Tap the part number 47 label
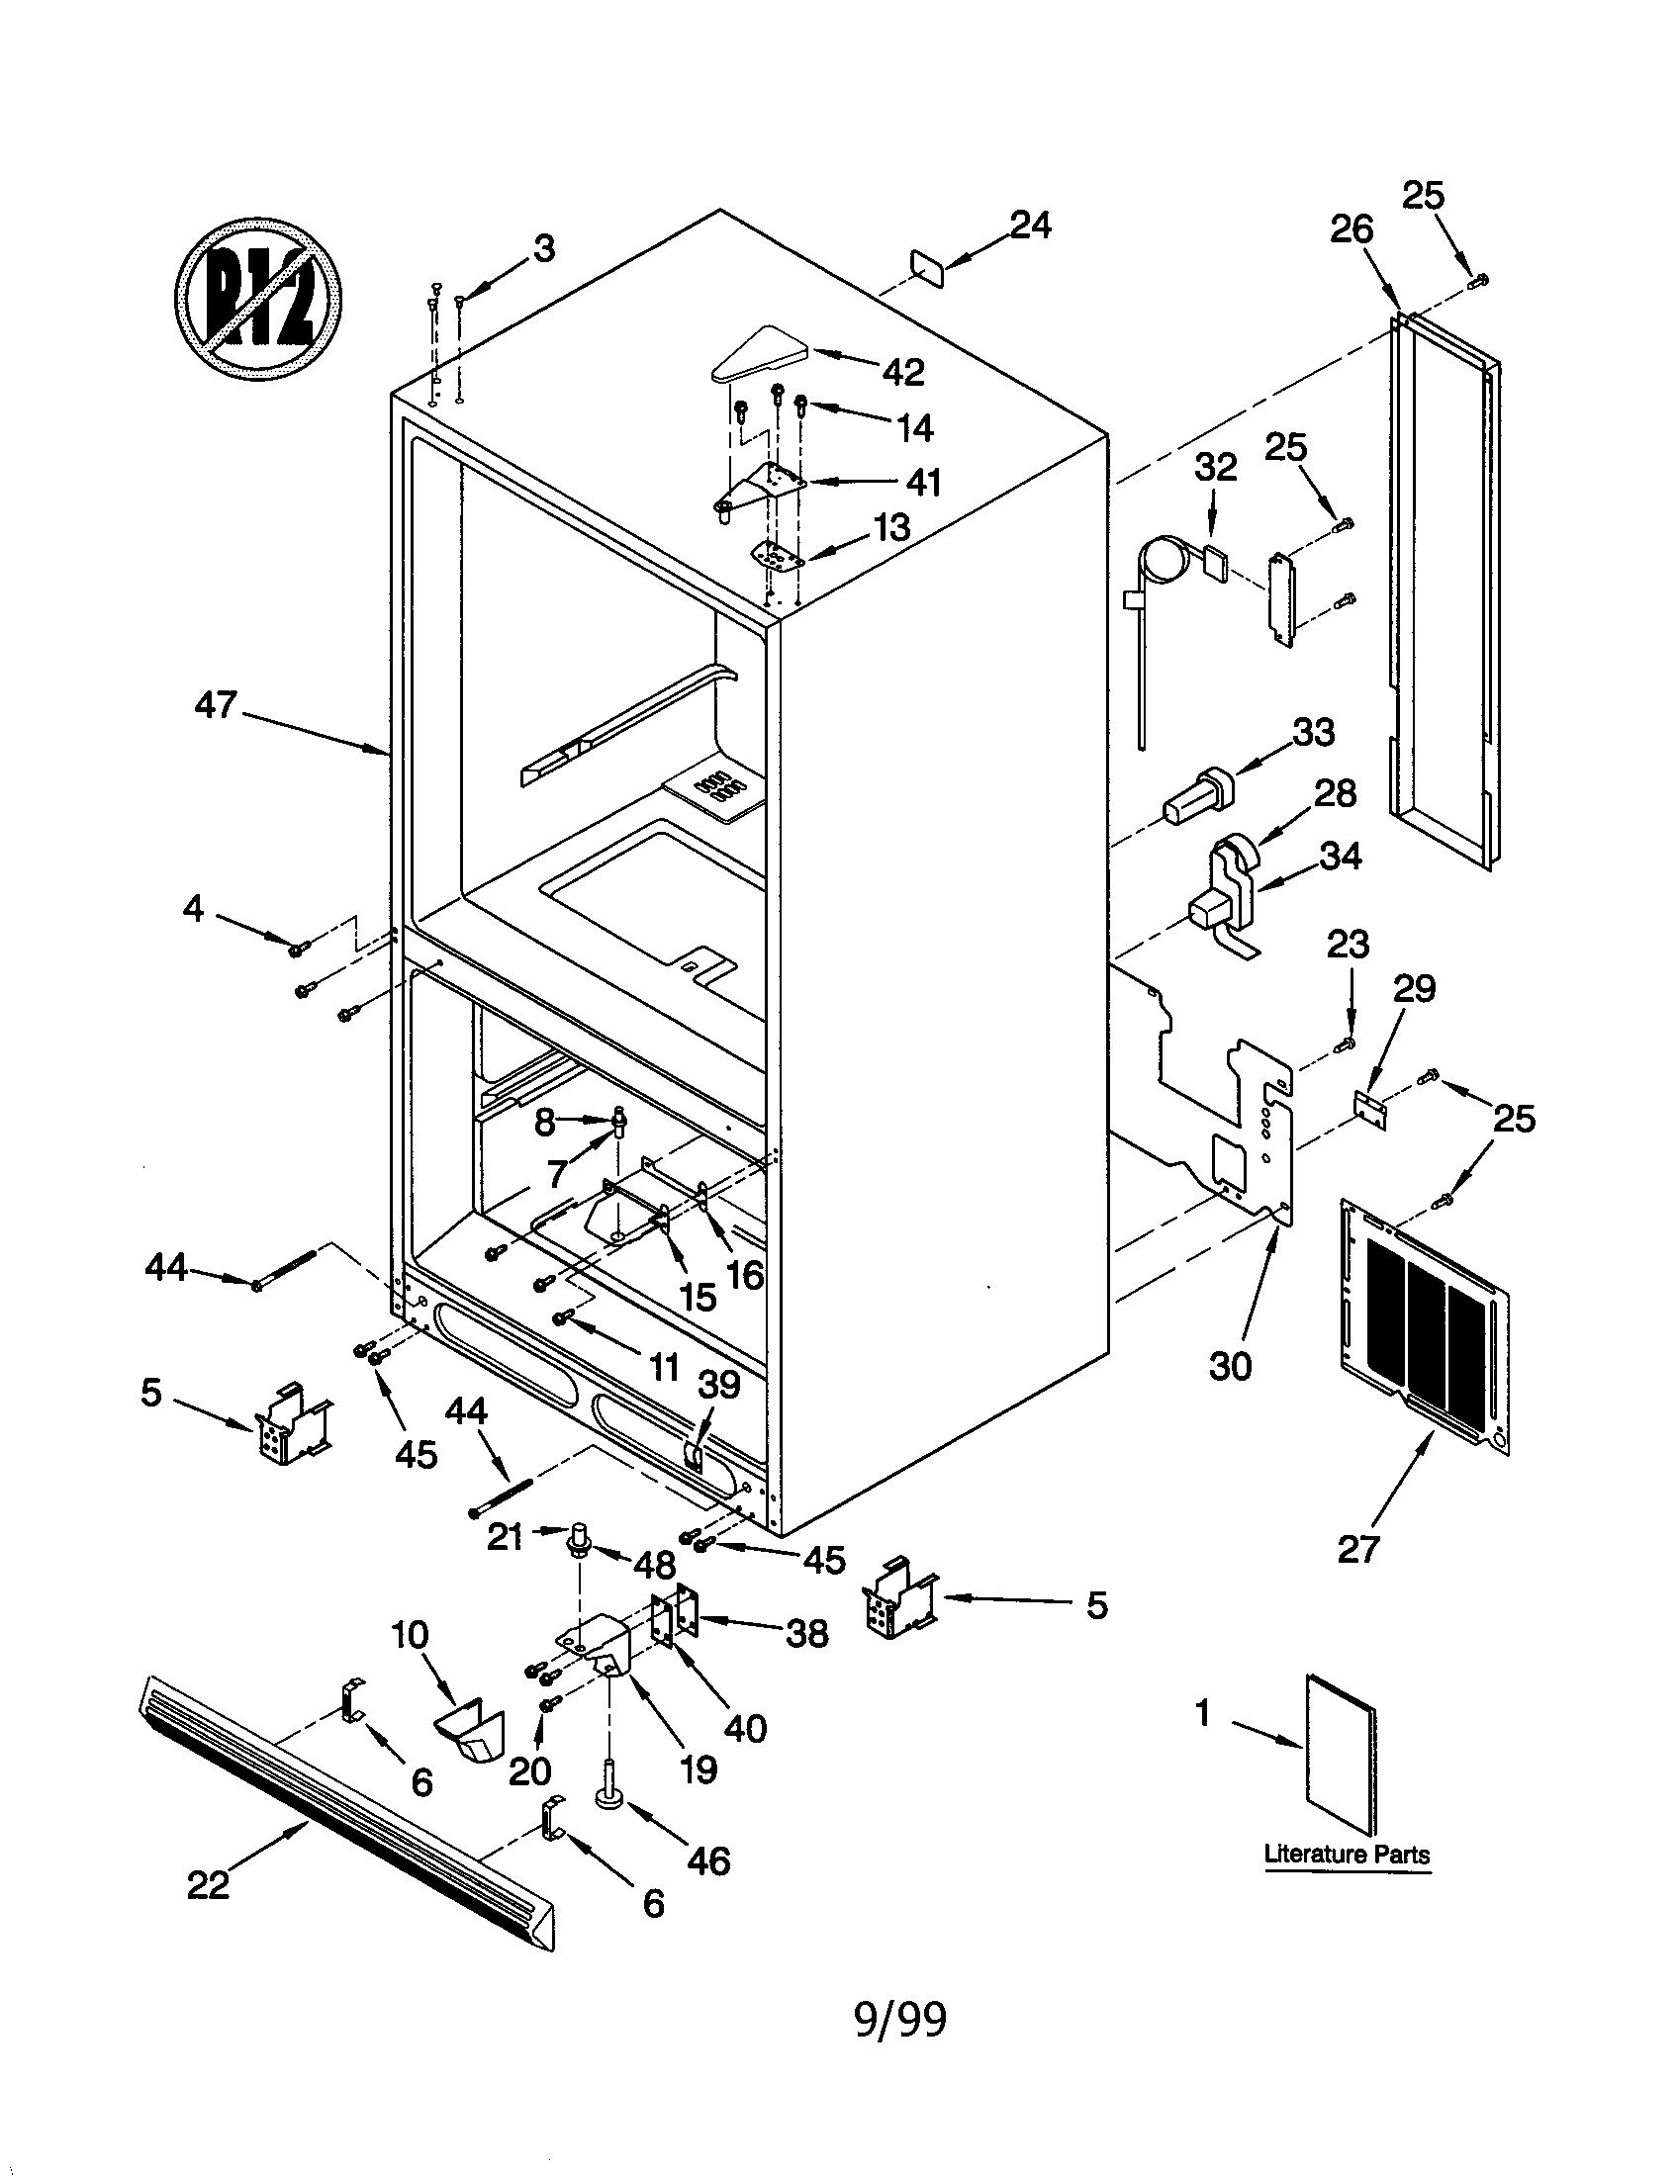[217, 705]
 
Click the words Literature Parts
[1347, 1855]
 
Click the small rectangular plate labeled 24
[928, 267]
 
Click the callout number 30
[1230, 1366]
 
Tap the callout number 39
[718, 1385]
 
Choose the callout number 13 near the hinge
[890, 527]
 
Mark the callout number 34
[1341, 856]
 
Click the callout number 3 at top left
[543, 248]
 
